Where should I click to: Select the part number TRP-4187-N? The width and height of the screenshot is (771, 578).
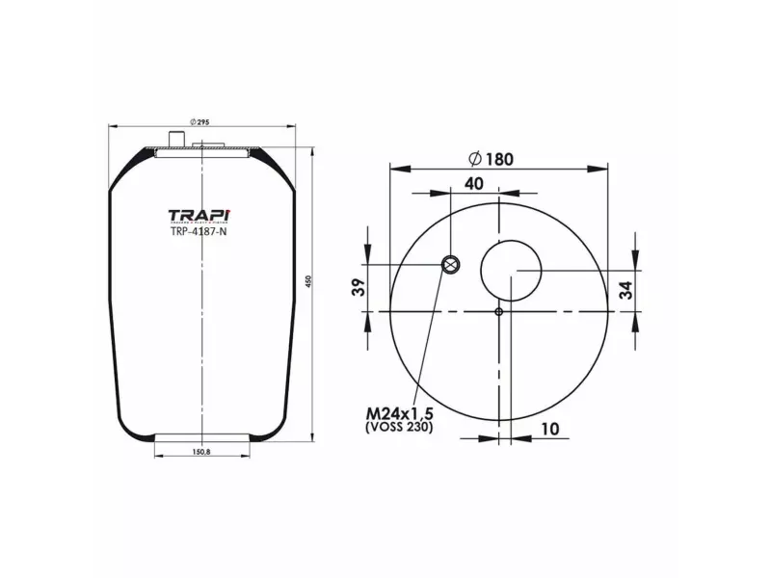coord(198,230)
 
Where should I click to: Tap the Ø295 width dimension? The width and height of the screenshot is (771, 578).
coord(200,119)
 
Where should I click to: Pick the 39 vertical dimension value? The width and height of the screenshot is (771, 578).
coord(358,286)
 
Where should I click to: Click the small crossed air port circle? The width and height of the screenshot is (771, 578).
coord(450,265)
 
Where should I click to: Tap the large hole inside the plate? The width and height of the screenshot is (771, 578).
coord(512,271)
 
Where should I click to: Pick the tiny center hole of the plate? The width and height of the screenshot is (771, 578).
coord(498,311)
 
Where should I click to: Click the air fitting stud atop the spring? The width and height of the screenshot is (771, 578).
coord(174,140)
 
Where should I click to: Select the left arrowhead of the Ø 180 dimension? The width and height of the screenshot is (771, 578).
coord(393,168)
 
